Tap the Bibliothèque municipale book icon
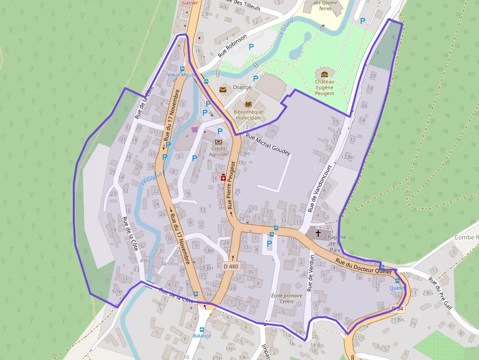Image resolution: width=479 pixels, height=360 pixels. coord(248,105)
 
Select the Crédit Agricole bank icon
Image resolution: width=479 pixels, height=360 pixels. coord(218,142)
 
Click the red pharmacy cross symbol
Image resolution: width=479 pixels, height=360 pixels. coord(223,178)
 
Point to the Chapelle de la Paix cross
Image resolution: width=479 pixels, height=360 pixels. coord(318,233)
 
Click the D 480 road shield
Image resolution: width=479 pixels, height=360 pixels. coord(231,266)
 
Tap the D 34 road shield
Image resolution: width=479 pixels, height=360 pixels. coord(397,309)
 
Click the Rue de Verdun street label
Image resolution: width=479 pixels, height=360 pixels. coord(310,273)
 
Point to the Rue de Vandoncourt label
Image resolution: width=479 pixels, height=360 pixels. coord(319,188)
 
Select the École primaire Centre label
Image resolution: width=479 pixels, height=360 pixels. coord(287,298)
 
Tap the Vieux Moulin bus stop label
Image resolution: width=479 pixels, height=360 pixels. coord(181,75)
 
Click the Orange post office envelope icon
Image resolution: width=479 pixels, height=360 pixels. coord(223,89)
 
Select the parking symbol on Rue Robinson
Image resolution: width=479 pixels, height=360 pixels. coord(251,47)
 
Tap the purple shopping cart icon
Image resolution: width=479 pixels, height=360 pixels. coord(195,129)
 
